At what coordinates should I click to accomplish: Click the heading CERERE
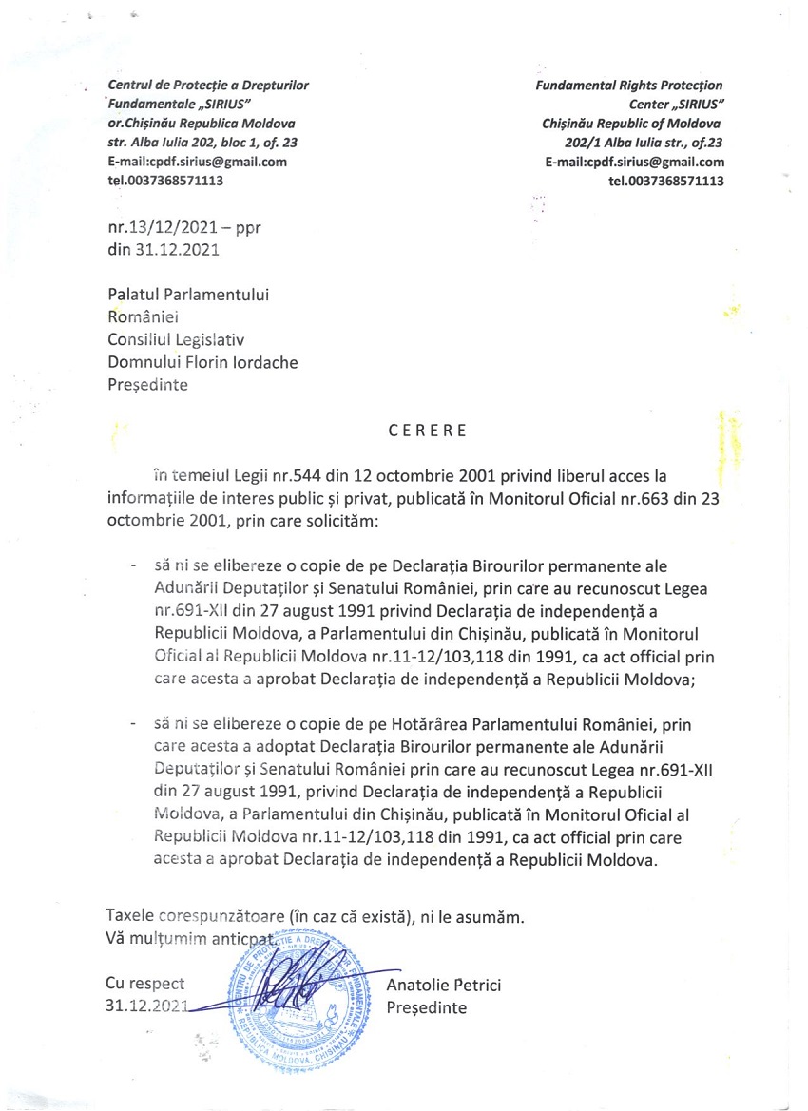tap(428, 431)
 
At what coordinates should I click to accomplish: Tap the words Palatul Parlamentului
tap(187, 295)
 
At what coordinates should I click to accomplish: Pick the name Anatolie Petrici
tap(444, 986)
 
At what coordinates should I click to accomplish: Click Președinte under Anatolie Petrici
tap(427, 1007)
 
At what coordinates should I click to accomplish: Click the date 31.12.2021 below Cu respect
tap(147, 1007)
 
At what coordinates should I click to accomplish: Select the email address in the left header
tap(198, 162)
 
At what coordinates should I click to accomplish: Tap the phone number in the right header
tap(665, 181)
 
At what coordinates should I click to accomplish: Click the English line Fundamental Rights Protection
tap(629, 86)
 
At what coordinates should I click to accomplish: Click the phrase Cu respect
tap(145, 986)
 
